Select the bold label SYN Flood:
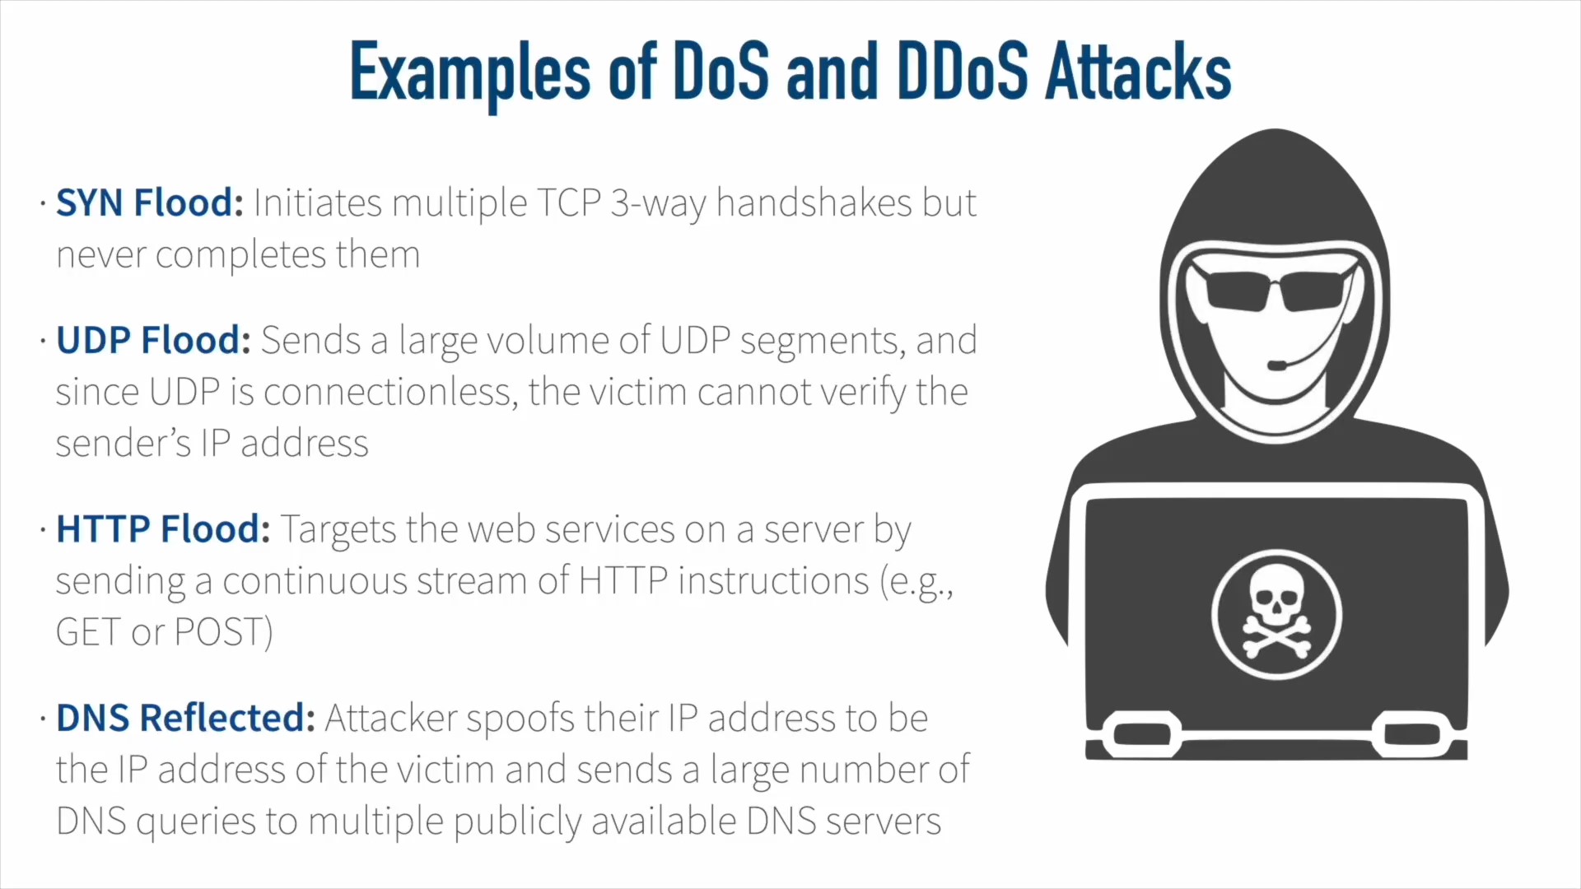tap(150, 202)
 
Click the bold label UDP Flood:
tap(153, 340)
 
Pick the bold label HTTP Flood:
tap(163, 528)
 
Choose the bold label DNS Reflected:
tap(185, 718)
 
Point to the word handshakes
tap(814, 202)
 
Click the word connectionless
tap(391, 392)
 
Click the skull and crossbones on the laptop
tap(1276, 614)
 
